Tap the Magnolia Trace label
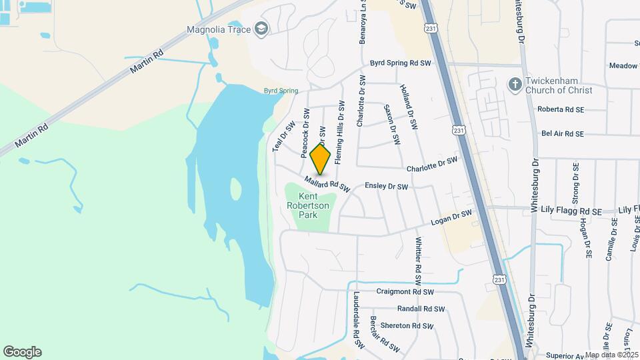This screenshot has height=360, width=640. (218, 29)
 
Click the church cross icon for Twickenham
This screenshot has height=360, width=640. (514, 85)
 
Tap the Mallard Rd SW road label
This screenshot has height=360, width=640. (327, 183)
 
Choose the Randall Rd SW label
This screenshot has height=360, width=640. (421, 309)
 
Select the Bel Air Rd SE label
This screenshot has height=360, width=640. (562, 133)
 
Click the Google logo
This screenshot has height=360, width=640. (22, 351)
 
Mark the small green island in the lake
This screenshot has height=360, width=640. (235, 189)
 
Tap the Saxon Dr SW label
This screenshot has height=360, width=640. (392, 125)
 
